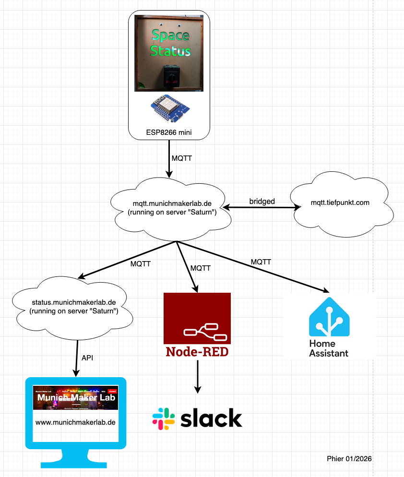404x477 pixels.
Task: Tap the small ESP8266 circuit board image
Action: [169, 109]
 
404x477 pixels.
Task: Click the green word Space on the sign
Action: [170, 35]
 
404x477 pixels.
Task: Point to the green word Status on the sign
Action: [170, 50]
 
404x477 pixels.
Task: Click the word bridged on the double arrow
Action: [262, 202]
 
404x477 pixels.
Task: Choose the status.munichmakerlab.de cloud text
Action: [74, 307]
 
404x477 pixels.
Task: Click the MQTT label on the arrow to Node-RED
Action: [201, 269]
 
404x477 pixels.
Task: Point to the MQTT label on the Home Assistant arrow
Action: [261, 262]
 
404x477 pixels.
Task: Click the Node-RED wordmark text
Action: [197, 352]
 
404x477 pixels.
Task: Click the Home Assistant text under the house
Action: [329, 348]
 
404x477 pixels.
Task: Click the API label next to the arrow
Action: [87, 358]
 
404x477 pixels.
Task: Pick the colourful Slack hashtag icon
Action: [164, 418]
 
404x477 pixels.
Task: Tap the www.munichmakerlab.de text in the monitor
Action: [75, 422]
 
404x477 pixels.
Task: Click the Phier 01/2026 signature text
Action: [349, 459]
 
